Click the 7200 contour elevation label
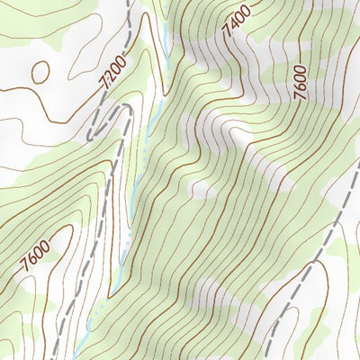114,71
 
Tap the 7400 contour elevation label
236,22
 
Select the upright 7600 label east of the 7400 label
300,82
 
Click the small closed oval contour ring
40,71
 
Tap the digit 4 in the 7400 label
233,26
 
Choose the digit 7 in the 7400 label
229,33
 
